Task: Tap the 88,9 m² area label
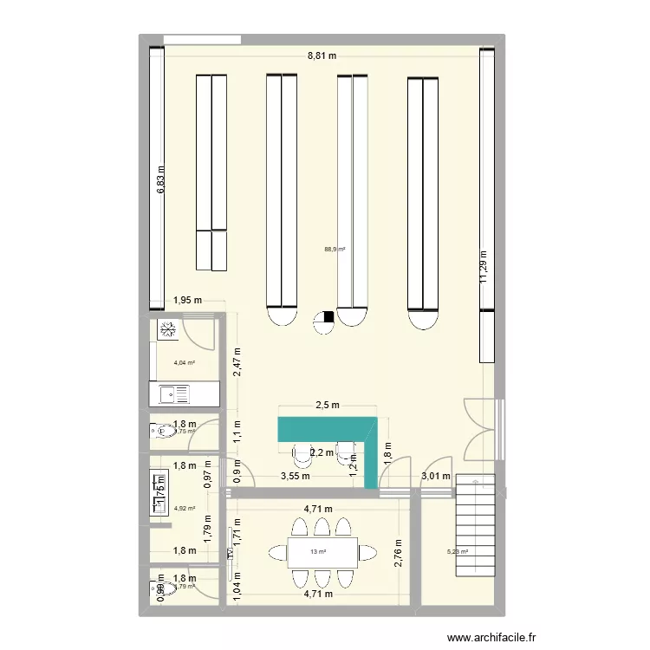tap(335, 250)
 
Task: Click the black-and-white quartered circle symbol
tap(324, 321)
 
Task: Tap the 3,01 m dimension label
tap(435, 476)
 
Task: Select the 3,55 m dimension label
tap(294, 476)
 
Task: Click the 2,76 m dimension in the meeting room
tap(399, 552)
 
